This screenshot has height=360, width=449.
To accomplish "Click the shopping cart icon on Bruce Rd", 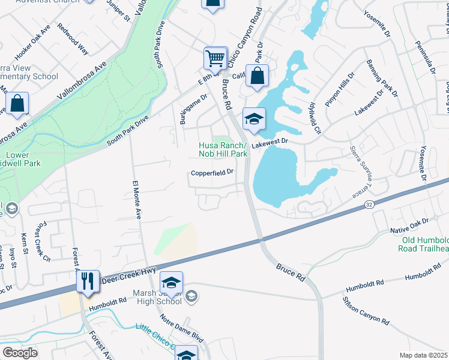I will pos(215,59).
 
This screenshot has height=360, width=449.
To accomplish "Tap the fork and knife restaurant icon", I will pos(88,280).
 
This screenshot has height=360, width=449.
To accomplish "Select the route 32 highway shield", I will pos(369,206).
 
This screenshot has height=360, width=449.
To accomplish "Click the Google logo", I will pos(20,352).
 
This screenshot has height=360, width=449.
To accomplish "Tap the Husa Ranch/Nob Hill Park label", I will pos(223,150).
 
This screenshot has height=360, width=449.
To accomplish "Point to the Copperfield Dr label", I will pos(212,173).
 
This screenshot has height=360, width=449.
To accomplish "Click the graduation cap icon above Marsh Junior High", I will pos(171,283).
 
